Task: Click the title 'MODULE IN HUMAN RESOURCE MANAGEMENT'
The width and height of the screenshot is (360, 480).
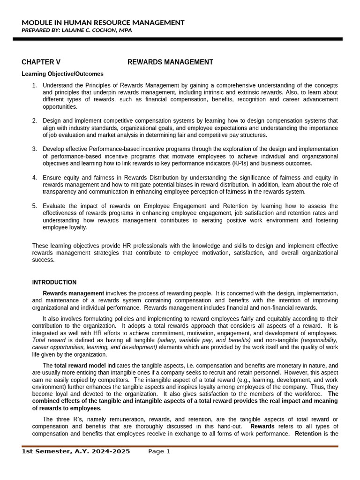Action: tap(103, 22)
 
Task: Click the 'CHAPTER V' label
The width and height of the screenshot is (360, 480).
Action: tap(41, 62)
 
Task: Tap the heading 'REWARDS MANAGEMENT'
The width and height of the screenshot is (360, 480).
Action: tap(170, 62)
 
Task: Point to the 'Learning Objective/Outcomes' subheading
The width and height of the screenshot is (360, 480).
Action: tap(63, 74)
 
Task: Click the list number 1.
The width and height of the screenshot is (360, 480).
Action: tap(34, 85)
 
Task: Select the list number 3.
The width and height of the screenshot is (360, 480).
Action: tap(34, 149)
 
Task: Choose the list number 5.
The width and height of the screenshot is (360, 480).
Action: tap(34, 206)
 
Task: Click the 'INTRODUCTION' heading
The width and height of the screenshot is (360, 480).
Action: tap(54, 282)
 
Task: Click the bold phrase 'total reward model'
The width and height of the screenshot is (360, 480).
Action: tap(80, 366)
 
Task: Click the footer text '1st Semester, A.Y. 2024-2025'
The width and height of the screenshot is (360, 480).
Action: tap(76, 452)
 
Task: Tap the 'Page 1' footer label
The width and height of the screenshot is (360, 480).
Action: tap(159, 452)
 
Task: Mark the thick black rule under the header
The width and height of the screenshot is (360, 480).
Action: tap(178, 39)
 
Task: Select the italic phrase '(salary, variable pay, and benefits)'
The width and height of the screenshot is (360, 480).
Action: tap(204, 340)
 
